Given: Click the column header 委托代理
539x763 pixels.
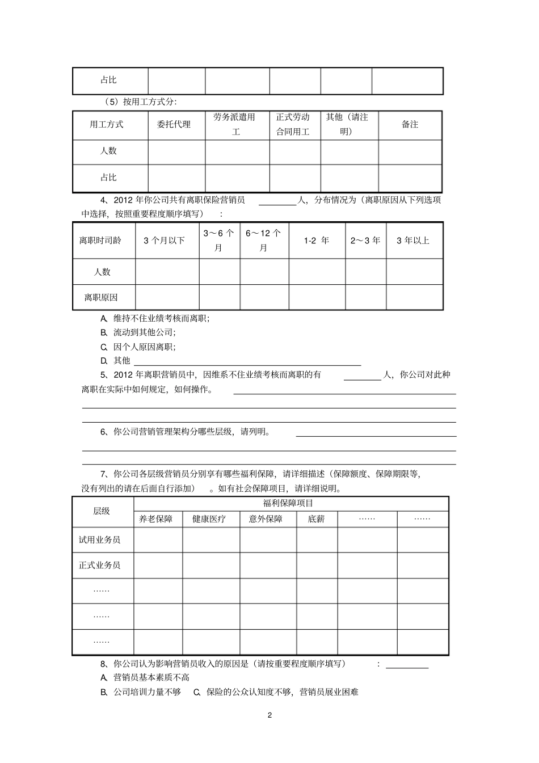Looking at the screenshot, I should click(x=174, y=124).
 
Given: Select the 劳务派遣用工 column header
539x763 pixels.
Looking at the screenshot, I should click(x=234, y=124).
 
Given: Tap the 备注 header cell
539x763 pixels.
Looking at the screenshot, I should click(x=410, y=124).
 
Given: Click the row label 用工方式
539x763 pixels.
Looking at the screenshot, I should click(x=107, y=124).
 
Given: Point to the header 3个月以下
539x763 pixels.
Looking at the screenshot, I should click(x=165, y=241).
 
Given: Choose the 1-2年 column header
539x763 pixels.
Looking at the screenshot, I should click(x=317, y=241).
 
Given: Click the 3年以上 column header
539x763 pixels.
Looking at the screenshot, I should click(x=413, y=241).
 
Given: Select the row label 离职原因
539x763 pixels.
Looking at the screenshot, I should click(x=101, y=297).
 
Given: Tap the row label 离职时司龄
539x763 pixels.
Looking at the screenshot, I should click(x=100, y=241).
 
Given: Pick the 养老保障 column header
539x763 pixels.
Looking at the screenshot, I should click(x=156, y=518).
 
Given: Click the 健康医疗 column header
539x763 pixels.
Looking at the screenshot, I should click(x=209, y=518).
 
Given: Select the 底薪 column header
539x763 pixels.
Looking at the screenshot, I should click(x=316, y=518).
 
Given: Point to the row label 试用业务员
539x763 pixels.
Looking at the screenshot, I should click(x=100, y=539).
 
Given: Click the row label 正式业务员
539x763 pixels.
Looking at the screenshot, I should click(x=100, y=565).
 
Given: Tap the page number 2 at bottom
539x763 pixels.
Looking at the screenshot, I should click(x=269, y=715).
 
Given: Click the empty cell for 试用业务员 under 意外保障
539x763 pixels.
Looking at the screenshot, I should click(x=268, y=539).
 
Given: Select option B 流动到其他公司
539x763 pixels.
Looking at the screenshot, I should click(x=144, y=332).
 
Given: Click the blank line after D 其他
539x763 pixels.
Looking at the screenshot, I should click(x=247, y=361).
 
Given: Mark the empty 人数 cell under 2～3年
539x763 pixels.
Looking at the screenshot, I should click(x=365, y=272).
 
